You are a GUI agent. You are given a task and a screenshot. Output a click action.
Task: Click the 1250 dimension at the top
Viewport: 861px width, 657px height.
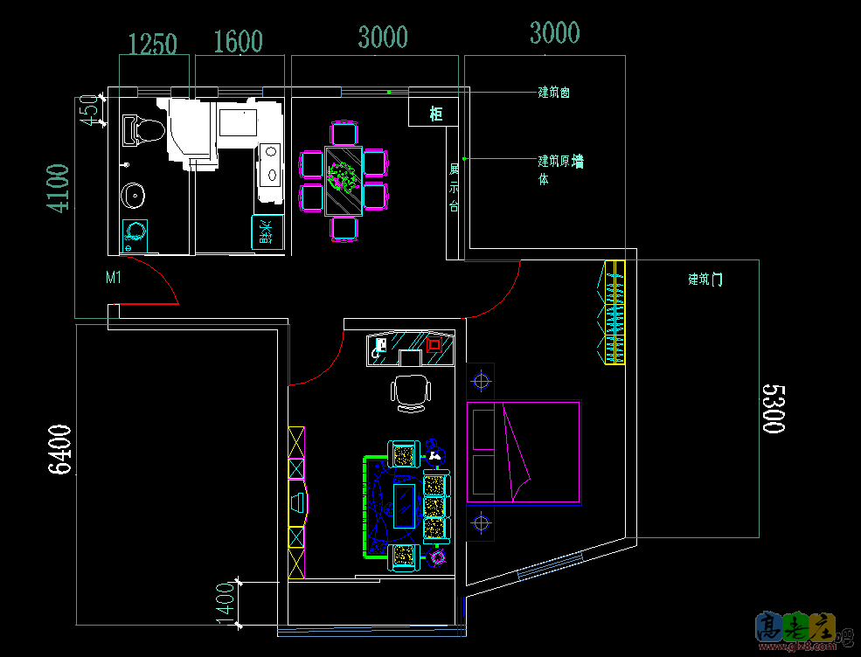tap(153, 43)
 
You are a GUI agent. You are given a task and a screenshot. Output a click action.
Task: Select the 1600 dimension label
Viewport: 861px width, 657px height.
tap(238, 42)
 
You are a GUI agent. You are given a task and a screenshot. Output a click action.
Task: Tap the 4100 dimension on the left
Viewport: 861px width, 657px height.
tap(58, 188)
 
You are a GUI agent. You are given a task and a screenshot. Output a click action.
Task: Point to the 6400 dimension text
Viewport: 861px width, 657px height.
tap(59, 449)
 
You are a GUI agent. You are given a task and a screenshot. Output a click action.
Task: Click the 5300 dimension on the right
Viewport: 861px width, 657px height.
tap(773, 407)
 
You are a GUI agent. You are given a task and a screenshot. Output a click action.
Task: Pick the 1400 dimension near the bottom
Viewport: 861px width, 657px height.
tap(225, 603)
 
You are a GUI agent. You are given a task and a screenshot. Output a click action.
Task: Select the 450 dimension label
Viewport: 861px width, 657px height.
tap(88, 111)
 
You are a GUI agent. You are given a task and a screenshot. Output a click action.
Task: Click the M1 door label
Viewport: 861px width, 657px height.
tap(113, 278)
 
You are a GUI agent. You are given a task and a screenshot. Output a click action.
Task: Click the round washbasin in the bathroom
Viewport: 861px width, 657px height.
tap(134, 195)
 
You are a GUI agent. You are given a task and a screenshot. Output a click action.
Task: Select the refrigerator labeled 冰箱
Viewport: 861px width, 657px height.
tap(267, 232)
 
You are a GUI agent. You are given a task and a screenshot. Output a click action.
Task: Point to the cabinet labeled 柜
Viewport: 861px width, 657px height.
tap(435, 114)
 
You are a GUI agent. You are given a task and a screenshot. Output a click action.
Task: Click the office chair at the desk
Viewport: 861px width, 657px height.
tap(410, 392)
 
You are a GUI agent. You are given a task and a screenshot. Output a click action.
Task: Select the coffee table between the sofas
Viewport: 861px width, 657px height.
tap(404, 506)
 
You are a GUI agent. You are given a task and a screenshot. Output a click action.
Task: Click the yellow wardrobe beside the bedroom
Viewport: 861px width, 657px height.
tap(616, 313)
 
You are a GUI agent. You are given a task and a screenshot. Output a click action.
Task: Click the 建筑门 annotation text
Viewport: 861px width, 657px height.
tap(705, 280)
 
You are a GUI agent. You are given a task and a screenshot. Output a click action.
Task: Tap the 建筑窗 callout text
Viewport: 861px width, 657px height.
tap(554, 92)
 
